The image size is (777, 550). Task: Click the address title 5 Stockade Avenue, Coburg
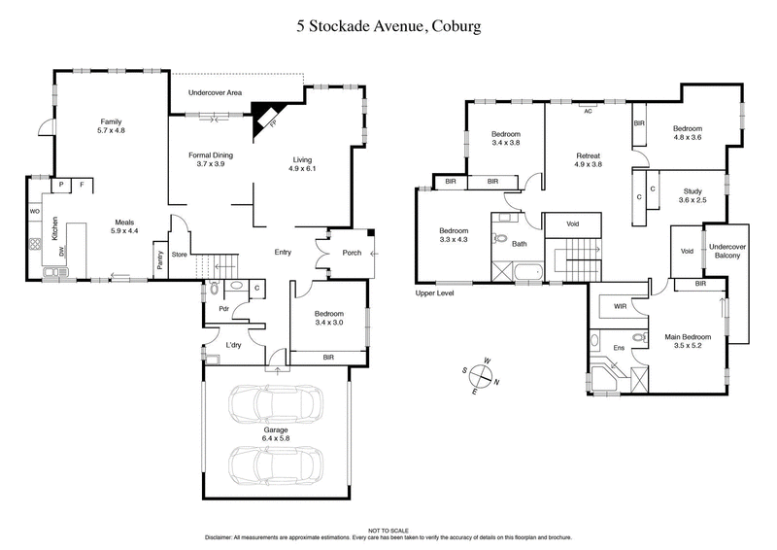pos(388,27)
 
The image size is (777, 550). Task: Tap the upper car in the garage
pos(275,402)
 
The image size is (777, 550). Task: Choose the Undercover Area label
pos(216,93)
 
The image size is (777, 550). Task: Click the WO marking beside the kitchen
pos(35,210)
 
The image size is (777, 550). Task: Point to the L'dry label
pos(233,345)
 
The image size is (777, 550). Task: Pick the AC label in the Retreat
pos(588,111)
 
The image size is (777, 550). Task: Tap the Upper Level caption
pos(434,292)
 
